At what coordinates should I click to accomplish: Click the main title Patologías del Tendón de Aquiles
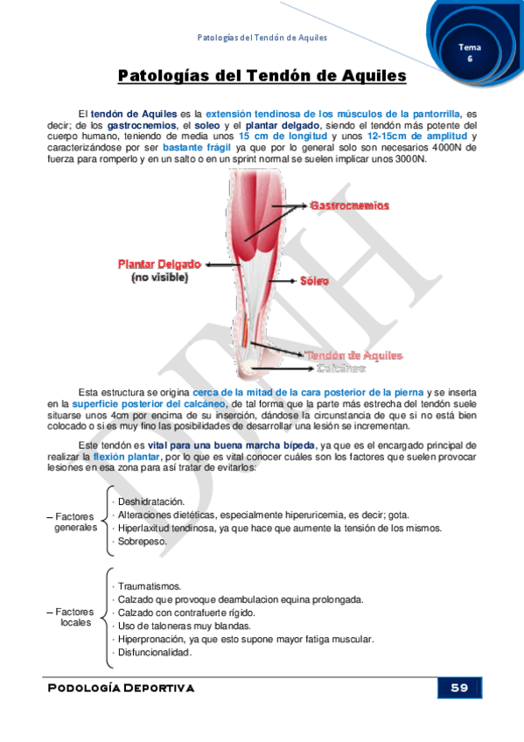(262, 76)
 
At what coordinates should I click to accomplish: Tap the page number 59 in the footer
(459, 688)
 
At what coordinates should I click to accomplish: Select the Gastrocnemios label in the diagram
(349, 205)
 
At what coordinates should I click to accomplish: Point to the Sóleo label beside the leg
(315, 282)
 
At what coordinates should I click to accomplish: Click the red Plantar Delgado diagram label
(160, 262)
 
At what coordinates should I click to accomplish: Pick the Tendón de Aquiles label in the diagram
(353, 355)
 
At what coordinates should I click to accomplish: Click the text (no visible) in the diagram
(159, 277)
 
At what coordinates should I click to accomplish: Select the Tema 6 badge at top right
(469, 52)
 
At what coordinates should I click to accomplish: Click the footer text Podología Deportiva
(122, 688)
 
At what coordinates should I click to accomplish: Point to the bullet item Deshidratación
(151, 501)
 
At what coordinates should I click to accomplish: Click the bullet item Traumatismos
(149, 586)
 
